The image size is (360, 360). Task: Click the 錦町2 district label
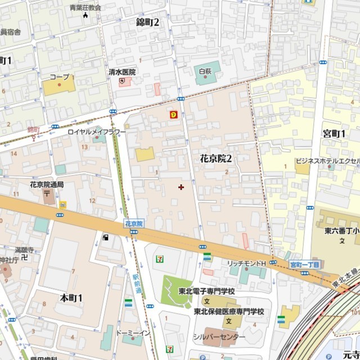pos(148,22)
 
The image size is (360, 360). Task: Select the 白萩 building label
pos(205,71)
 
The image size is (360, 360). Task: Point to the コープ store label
pos(59,76)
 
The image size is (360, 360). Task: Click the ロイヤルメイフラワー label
pos(97,131)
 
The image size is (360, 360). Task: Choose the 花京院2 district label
pos(216,159)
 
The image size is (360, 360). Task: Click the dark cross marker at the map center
pos(181,187)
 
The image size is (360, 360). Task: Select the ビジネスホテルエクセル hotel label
pos(328,161)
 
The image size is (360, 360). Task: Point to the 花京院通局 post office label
pos(47,184)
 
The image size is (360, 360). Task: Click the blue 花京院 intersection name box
pos(133,224)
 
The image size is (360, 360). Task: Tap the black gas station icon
pos(105,237)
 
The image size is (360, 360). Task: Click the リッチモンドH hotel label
pos(246,263)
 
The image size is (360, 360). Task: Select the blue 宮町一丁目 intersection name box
pos(304,264)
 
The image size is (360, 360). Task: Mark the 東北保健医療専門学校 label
pos(229,312)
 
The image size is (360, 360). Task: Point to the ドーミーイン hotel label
pos(133,333)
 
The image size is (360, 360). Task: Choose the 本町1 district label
pos(71,297)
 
